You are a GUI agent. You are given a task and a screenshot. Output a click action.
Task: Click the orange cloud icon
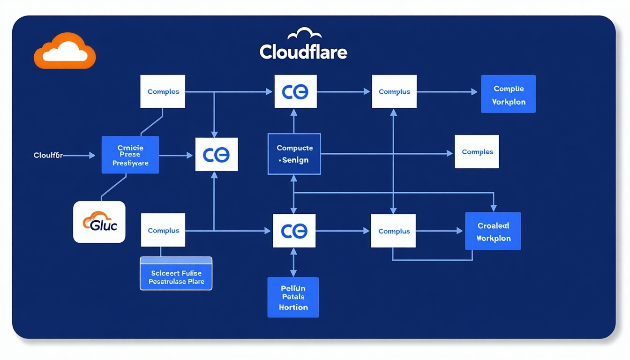click(65, 51)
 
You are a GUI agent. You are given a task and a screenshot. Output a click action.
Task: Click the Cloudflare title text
click(303, 52)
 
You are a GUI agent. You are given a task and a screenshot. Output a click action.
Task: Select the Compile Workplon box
click(508, 94)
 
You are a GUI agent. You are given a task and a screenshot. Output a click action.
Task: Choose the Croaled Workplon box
click(493, 231)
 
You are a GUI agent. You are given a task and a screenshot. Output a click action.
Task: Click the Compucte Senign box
click(294, 154)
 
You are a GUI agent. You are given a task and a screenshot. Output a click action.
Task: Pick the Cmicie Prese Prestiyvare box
click(130, 155)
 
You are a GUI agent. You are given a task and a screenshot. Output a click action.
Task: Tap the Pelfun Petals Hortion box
click(293, 297)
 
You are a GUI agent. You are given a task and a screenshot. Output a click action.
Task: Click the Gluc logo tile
click(99, 222)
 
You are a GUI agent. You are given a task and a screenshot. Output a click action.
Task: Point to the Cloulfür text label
click(48, 155)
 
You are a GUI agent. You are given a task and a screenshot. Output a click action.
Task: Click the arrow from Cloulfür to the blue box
click(80, 155)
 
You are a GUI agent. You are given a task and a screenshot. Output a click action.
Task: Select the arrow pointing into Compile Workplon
click(448, 92)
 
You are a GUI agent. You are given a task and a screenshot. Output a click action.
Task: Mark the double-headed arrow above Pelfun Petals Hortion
click(293, 262)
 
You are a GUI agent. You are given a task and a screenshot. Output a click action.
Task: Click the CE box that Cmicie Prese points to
click(216, 155)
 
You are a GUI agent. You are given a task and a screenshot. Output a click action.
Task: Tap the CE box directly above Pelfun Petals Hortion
click(294, 231)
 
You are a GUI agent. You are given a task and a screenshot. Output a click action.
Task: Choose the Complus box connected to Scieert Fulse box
click(163, 230)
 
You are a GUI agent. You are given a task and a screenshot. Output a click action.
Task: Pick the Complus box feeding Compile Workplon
click(394, 92)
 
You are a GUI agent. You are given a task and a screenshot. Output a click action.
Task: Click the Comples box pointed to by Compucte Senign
click(477, 152)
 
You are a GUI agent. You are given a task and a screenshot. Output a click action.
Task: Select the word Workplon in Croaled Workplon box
click(493, 238)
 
